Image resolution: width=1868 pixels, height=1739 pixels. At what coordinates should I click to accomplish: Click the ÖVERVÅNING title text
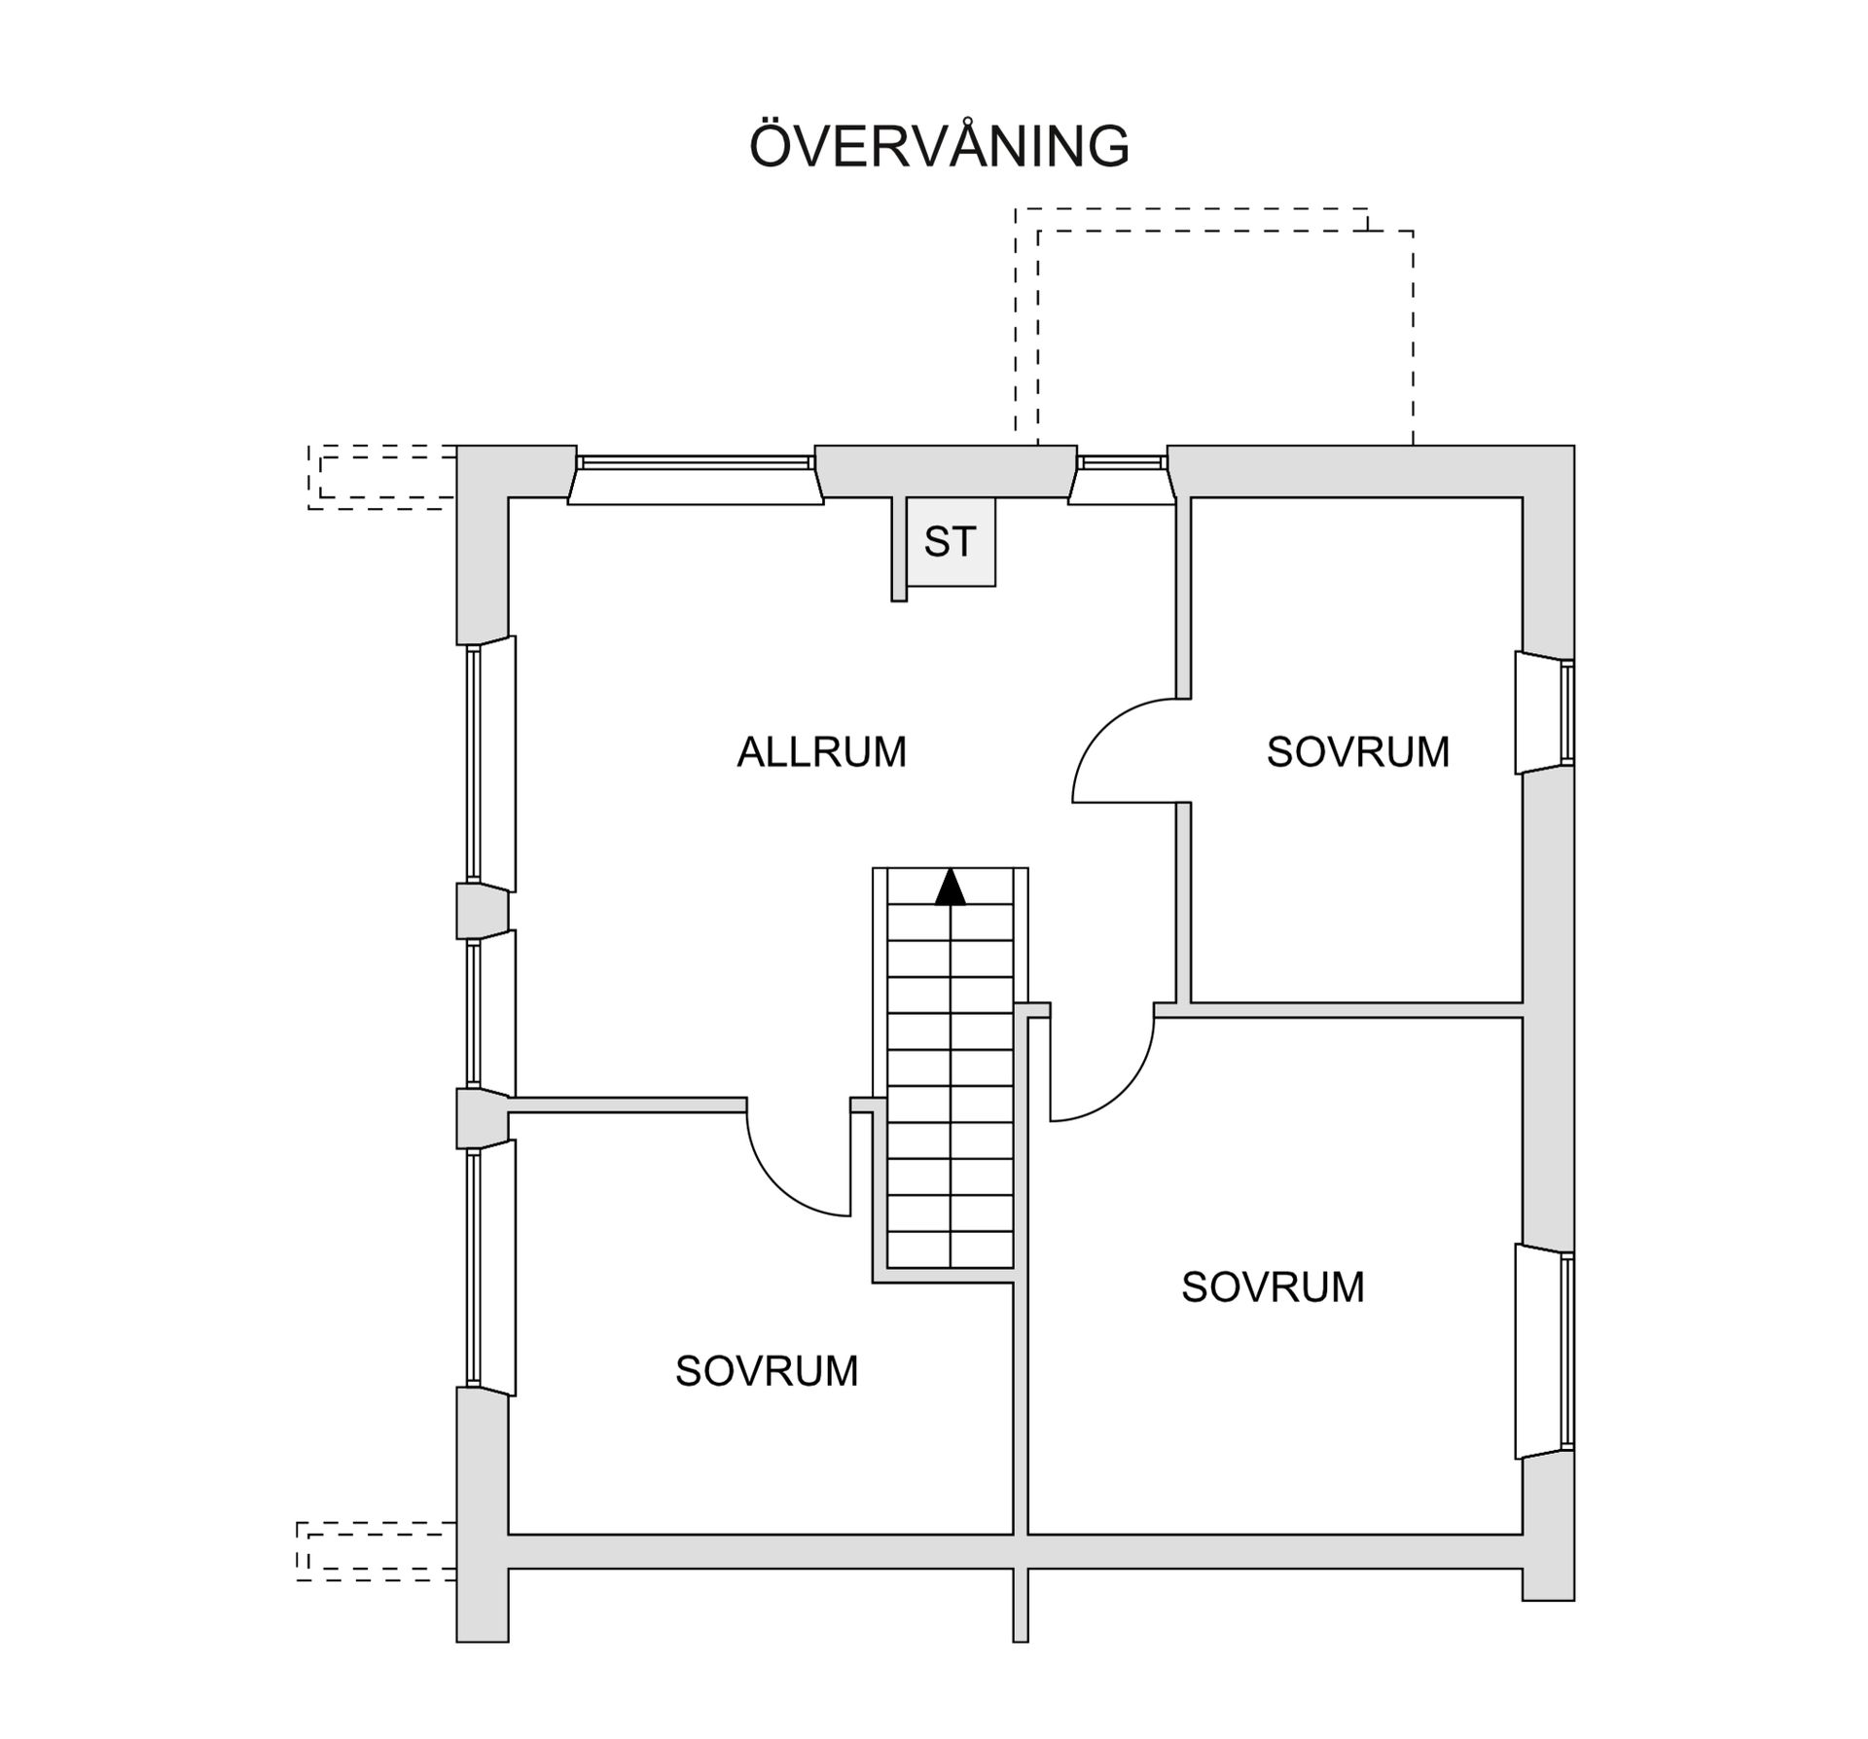coord(939,146)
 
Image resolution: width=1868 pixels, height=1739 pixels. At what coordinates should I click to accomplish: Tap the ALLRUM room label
coord(821,751)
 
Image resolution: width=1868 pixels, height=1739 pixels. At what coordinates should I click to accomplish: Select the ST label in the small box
coord(950,542)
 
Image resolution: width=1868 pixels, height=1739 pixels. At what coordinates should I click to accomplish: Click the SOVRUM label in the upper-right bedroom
coord(1357,751)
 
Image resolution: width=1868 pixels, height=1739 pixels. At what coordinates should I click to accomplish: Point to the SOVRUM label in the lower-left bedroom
coord(767,1371)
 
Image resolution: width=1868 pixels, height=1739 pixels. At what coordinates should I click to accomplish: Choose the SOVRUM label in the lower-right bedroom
coord(1273,1287)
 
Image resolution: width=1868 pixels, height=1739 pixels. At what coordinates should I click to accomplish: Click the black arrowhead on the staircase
coord(950,888)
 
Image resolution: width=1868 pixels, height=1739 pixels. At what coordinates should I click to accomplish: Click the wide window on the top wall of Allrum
coord(696,477)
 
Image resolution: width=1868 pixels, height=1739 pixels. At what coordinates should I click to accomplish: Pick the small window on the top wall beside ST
coord(1121,477)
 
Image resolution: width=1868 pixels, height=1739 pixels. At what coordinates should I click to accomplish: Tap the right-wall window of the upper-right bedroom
coord(1547,712)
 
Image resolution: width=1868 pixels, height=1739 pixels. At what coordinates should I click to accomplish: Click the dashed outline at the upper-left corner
coord(381,477)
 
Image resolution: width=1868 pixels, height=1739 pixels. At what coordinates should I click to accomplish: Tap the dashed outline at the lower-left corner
coord(375,1551)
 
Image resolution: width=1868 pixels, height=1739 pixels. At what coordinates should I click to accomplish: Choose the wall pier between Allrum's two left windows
coord(482,911)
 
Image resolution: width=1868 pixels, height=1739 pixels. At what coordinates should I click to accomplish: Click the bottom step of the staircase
coord(950,1250)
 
